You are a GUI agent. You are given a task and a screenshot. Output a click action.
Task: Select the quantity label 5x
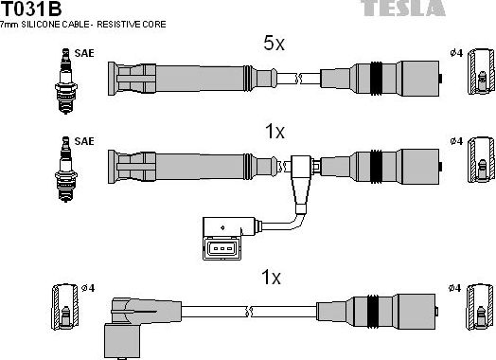tap(274, 44)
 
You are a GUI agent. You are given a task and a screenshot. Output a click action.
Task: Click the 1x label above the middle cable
tap(274, 133)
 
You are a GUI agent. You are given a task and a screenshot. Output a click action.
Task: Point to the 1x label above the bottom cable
tap(272, 278)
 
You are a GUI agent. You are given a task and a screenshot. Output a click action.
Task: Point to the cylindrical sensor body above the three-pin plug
tap(227, 225)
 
